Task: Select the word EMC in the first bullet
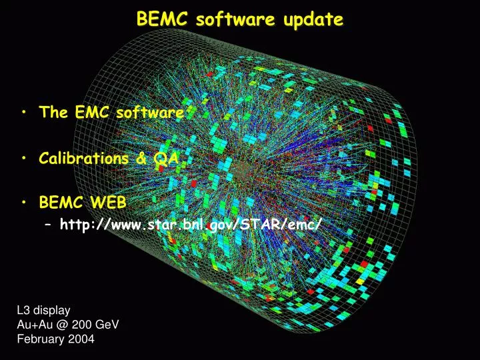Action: click(x=89, y=112)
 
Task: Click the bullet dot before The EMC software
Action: click(x=24, y=113)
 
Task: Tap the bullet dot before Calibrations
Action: click(x=24, y=159)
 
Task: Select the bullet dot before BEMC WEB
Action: click(x=24, y=202)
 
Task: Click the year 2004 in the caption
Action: click(x=81, y=339)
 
